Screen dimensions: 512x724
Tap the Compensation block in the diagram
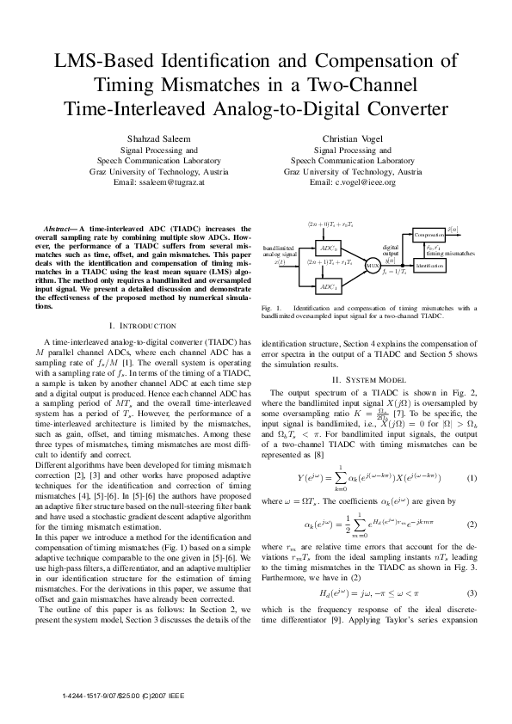429,234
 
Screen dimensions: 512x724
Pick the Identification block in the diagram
429,267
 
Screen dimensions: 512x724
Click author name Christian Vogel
353,138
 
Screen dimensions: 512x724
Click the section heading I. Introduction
143,325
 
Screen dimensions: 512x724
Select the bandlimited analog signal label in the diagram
279,251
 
